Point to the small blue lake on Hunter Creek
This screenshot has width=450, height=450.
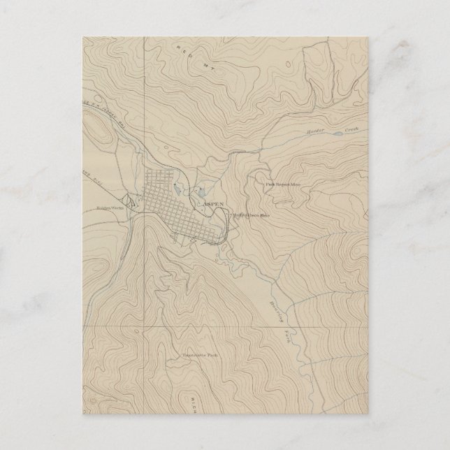coord(337,131)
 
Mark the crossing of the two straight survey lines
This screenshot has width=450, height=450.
coord(144,326)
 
